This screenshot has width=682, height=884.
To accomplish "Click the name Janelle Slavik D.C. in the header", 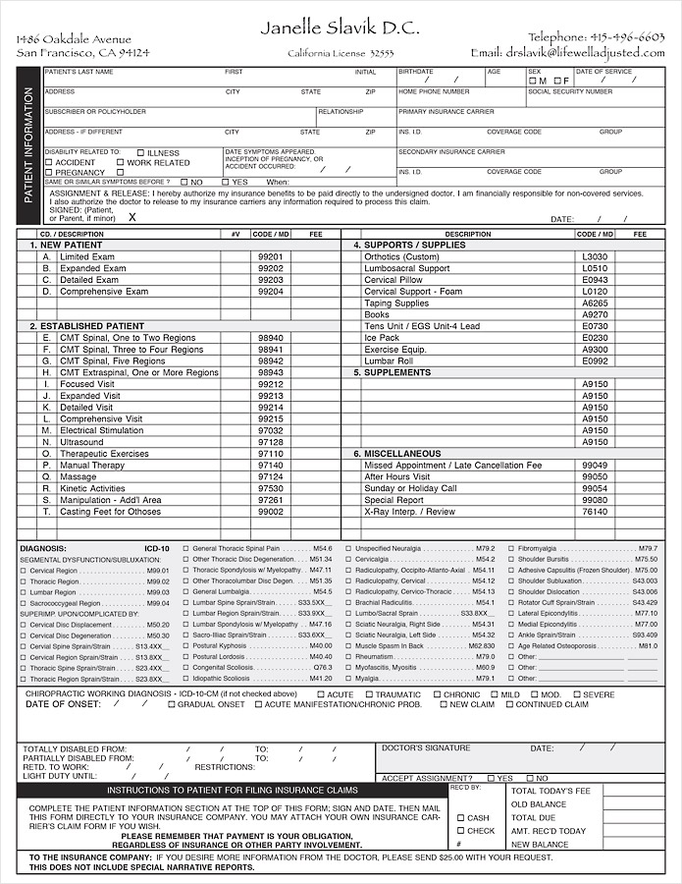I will pyautogui.click(x=341, y=28).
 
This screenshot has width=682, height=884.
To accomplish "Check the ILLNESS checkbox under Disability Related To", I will pyautogui.click(x=140, y=153).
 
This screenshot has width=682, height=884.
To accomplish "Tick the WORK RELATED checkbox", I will pyautogui.click(x=121, y=163).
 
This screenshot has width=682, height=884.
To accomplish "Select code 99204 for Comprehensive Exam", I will pyautogui.click(x=270, y=292).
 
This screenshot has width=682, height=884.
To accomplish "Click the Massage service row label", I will pyautogui.click(x=78, y=476).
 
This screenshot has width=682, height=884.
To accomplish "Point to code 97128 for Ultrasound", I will pyautogui.click(x=270, y=442).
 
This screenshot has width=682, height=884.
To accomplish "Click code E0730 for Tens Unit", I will pyautogui.click(x=595, y=326).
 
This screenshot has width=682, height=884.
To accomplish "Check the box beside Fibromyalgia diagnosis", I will pyautogui.click(x=512, y=548).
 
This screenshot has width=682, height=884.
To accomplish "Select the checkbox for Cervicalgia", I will pyautogui.click(x=349, y=559).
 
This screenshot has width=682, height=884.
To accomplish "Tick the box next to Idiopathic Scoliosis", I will pyautogui.click(x=185, y=679).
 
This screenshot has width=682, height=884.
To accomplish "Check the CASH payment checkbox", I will pyautogui.click(x=459, y=817).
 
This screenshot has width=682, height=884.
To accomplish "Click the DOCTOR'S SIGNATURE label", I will pyautogui.click(x=425, y=748).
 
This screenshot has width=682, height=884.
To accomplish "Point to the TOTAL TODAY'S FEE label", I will pyautogui.click(x=551, y=791).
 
